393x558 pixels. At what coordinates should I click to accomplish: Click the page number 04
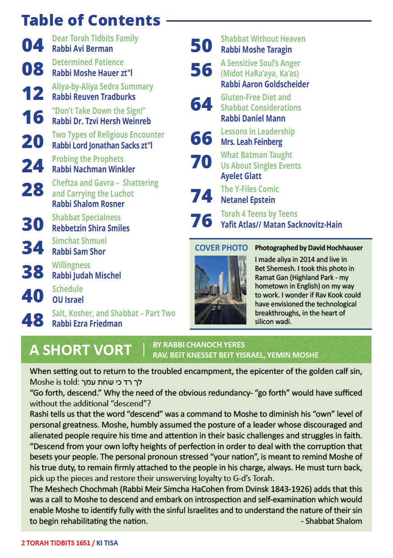click(33, 45)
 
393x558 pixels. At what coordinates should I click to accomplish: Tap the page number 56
click(201, 70)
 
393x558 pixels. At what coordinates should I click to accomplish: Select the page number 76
click(201, 220)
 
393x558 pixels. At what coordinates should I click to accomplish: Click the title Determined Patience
click(88, 62)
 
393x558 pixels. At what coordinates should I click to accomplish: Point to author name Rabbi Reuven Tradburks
click(94, 97)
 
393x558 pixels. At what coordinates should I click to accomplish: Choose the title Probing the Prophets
click(88, 159)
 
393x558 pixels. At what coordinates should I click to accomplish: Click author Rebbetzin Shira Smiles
click(91, 228)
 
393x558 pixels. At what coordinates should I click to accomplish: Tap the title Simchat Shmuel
click(79, 241)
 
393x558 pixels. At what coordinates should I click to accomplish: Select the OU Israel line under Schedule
click(68, 299)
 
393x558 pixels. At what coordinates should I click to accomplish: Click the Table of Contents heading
click(91, 20)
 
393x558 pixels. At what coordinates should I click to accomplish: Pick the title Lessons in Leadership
click(258, 131)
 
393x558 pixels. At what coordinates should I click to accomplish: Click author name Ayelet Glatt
click(241, 176)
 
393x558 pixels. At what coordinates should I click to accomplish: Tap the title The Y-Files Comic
click(250, 189)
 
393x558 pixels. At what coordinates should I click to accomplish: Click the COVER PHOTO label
click(221, 248)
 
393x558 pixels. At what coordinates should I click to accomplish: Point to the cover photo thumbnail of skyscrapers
click(220, 290)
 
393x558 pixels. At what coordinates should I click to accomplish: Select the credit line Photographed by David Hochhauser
click(308, 248)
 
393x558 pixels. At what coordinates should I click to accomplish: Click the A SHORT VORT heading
click(80, 350)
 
